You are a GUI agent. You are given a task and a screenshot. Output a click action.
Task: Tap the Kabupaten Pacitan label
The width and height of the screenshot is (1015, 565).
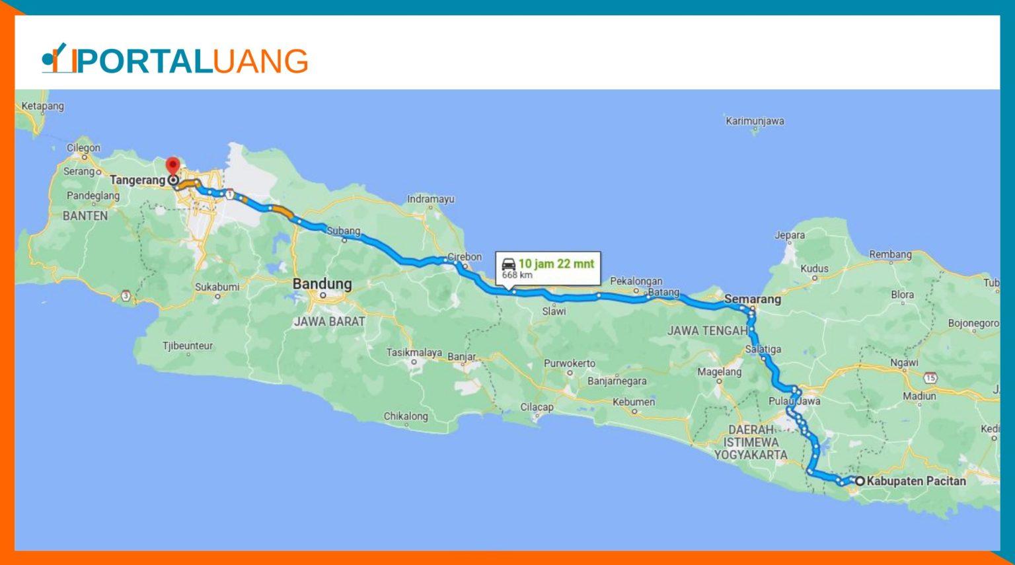(x=916, y=481)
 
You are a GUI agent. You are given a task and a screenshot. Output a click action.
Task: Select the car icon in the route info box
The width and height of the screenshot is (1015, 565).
(x=508, y=264)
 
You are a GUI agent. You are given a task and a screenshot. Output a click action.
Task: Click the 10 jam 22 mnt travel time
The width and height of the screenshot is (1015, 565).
(x=556, y=264)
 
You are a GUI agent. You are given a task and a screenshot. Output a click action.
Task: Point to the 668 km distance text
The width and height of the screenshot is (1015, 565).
(x=517, y=275)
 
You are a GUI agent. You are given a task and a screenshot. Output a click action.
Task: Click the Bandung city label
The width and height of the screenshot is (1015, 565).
(x=322, y=283)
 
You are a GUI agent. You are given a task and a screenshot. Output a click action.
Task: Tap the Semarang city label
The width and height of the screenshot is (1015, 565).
(x=752, y=299)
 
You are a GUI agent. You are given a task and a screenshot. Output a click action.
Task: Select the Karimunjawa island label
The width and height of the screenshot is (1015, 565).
(x=755, y=121)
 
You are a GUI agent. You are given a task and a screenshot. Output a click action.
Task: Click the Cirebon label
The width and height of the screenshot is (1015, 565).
(x=465, y=257)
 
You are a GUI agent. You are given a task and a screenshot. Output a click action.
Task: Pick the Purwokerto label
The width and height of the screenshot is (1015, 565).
(x=569, y=363)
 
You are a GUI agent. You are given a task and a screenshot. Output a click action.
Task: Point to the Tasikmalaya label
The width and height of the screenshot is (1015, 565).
(x=414, y=352)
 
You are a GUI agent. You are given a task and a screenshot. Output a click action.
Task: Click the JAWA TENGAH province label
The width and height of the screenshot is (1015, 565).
(x=707, y=330)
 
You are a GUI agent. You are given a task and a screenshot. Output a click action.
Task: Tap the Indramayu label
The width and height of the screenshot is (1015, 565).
(x=430, y=199)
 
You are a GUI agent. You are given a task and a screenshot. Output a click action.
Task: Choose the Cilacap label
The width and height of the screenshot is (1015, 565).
(x=537, y=407)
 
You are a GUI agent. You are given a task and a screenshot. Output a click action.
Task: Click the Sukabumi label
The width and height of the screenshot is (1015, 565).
(x=217, y=287)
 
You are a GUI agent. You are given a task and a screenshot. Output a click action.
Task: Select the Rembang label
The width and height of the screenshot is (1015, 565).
(x=890, y=254)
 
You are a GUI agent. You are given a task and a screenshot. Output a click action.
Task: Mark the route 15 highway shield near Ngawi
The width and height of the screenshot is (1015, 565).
(x=930, y=378)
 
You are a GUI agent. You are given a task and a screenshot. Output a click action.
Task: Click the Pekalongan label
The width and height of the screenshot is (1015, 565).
(x=636, y=281)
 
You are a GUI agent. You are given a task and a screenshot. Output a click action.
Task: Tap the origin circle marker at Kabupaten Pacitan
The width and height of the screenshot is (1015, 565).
(x=860, y=481)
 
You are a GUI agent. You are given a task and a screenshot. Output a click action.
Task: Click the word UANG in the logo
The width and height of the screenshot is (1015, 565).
(x=260, y=61)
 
